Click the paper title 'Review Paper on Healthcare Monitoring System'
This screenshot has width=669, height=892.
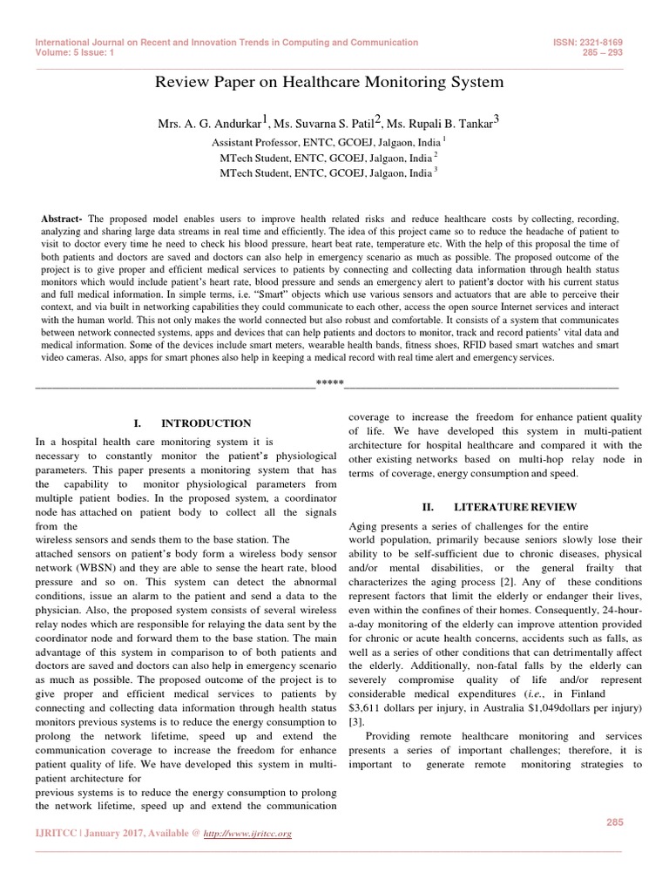328,83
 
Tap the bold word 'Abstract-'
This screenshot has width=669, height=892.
62,218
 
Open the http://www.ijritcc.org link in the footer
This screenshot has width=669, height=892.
247,835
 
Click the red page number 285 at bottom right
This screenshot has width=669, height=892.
615,822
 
